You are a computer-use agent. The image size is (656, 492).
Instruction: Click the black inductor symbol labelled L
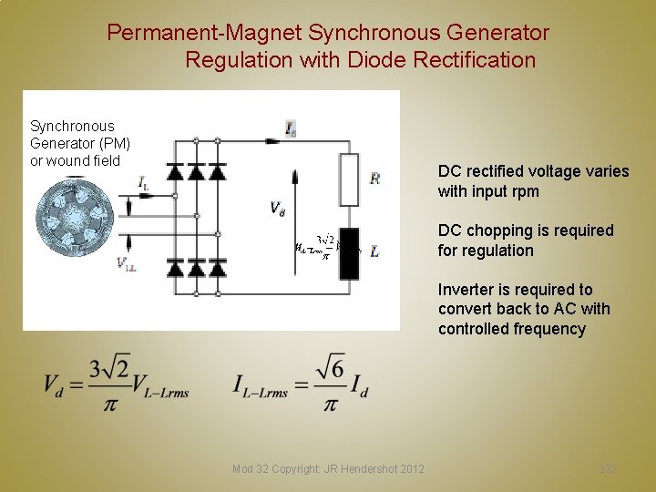[x=348, y=249]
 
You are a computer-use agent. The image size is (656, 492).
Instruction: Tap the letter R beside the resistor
[x=374, y=179]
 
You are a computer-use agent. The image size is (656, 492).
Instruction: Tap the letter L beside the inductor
[x=374, y=251]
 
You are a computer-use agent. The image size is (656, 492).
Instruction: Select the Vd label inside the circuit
[x=277, y=209]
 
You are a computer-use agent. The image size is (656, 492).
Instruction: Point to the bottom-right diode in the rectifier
[x=218, y=267]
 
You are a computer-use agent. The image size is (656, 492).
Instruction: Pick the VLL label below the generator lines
[x=127, y=264]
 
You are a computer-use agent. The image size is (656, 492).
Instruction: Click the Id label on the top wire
[x=290, y=130]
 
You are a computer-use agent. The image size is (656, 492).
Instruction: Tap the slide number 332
[x=608, y=468]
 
